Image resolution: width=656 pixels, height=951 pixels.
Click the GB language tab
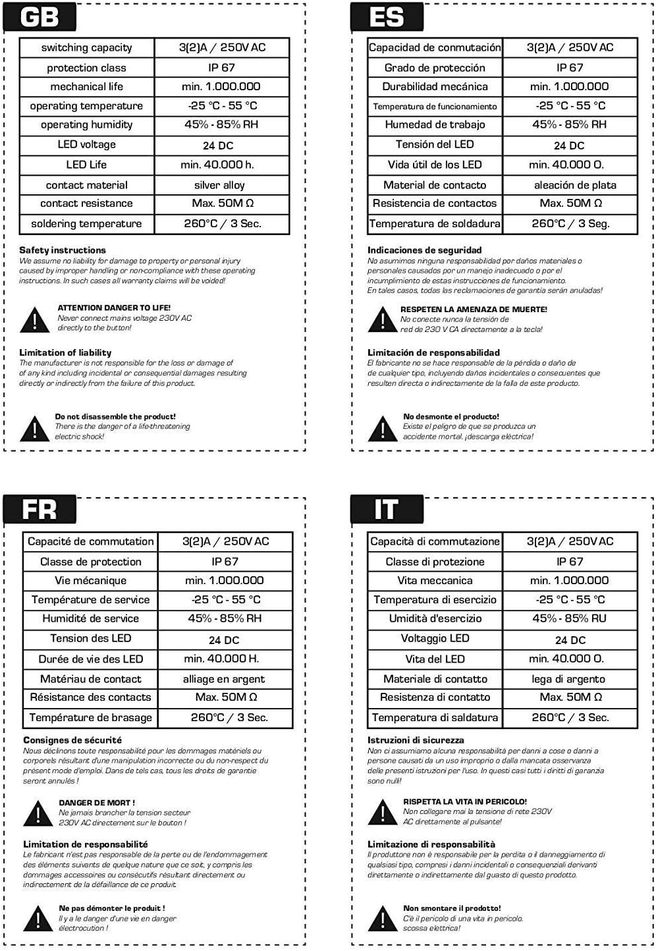coord(40,16)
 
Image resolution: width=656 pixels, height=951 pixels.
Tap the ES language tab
coord(387,16)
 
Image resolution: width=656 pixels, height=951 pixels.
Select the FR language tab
coord(40,509)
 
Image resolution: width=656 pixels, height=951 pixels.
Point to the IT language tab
coord(387,509)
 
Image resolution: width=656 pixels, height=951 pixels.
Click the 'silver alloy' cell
coord(219,185)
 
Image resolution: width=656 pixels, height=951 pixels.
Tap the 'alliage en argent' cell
coord(224,679)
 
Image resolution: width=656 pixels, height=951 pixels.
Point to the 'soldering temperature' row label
coord(86,223)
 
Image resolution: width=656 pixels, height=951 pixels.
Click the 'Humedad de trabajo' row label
coord(435,124)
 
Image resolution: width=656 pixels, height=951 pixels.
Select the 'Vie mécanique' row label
coord(90,580)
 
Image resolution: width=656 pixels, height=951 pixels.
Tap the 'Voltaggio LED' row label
coord(435,638)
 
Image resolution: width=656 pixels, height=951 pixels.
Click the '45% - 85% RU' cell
coord(569,618)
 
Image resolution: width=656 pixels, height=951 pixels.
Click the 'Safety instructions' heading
coord(63,250)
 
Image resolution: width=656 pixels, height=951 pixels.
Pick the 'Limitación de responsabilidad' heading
coord(433,352)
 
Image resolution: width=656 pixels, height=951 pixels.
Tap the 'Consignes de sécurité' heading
coord(72,740)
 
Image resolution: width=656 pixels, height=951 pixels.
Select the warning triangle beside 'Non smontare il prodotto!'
coord(383,919)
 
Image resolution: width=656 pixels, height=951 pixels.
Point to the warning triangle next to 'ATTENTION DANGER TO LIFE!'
coord(34,319)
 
